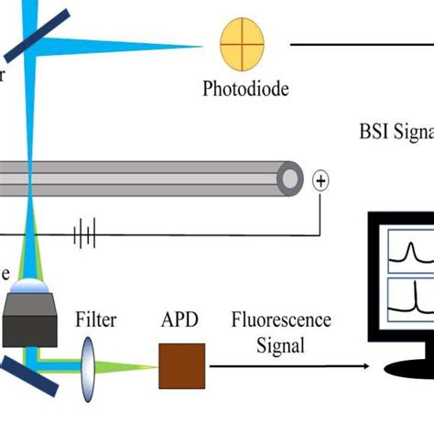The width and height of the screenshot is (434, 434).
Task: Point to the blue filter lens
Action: (x=89, y=367)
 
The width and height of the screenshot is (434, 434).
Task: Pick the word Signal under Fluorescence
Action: (x=281, y=347)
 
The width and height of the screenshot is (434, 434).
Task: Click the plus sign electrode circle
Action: (x=320, y=179)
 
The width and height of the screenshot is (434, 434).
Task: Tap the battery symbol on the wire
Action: (x=85, y=235)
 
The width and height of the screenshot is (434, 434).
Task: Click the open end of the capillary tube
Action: (x=290, y=173)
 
